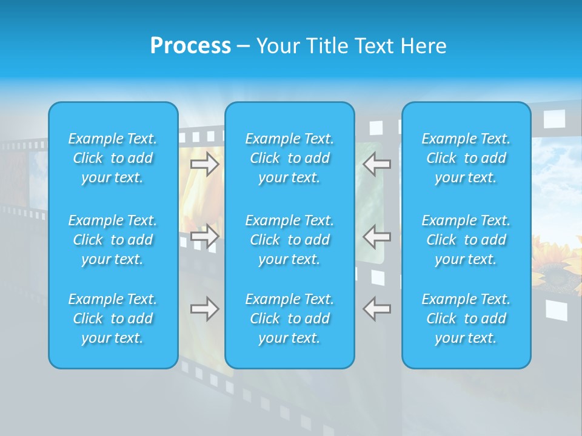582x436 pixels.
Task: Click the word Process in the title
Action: tap(190, 46)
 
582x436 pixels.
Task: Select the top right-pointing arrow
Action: tap(205, 163)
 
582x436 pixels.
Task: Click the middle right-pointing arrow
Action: tap(205, 236)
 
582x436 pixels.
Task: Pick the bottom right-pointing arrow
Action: tap(205, 309)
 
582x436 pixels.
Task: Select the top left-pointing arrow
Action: tap(377, 163)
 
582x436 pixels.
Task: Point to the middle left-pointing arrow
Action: tap(377, 236)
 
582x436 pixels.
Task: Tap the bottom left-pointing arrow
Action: tap(377, 309)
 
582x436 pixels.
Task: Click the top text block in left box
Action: tap(113, 158)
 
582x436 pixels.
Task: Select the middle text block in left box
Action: tap(113, 240)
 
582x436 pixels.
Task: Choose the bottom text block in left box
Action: tap(113, 319)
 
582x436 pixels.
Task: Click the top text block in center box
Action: tap(290, 158)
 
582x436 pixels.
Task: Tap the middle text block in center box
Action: tap(290, 240)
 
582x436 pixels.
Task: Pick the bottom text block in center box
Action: tap(290, 319)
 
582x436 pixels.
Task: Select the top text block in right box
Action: tap(466, 158)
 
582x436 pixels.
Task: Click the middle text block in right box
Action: tap(466, 240)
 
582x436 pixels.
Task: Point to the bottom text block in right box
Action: tap(466, 319)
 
